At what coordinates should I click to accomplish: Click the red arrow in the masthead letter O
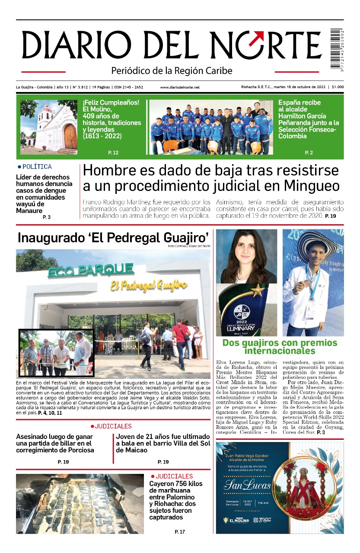click(x=258, y=38)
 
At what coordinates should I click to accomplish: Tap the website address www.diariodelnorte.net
click(x=180, y=87)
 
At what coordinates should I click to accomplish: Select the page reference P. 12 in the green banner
click(x=113, y=153)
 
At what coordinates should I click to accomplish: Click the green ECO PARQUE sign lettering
click(x=90, y=270)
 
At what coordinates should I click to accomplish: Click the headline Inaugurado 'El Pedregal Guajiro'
click(x=113, y=238)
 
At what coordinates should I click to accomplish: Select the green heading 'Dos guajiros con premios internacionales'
click(x=280, y=347)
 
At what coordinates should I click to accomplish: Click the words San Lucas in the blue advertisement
click(x=247, y=485)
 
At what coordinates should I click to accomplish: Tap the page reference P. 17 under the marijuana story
click(x=180, y=531)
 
